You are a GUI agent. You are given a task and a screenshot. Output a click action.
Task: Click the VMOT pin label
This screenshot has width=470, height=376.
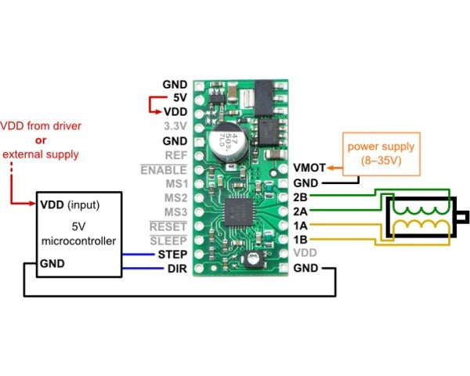309,168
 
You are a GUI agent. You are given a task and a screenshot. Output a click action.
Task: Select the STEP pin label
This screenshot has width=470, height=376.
172,255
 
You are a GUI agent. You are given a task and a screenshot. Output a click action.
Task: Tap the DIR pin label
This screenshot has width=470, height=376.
176,269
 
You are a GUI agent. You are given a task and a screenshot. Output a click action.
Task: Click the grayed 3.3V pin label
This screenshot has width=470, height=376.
175,125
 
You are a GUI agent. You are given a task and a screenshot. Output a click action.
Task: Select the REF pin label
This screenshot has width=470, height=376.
175,155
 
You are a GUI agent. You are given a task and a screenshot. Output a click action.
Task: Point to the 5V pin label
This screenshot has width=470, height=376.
179,98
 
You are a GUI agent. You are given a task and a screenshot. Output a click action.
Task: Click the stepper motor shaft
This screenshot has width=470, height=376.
461,215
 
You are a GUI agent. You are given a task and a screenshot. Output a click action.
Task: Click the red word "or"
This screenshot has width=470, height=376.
41,140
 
